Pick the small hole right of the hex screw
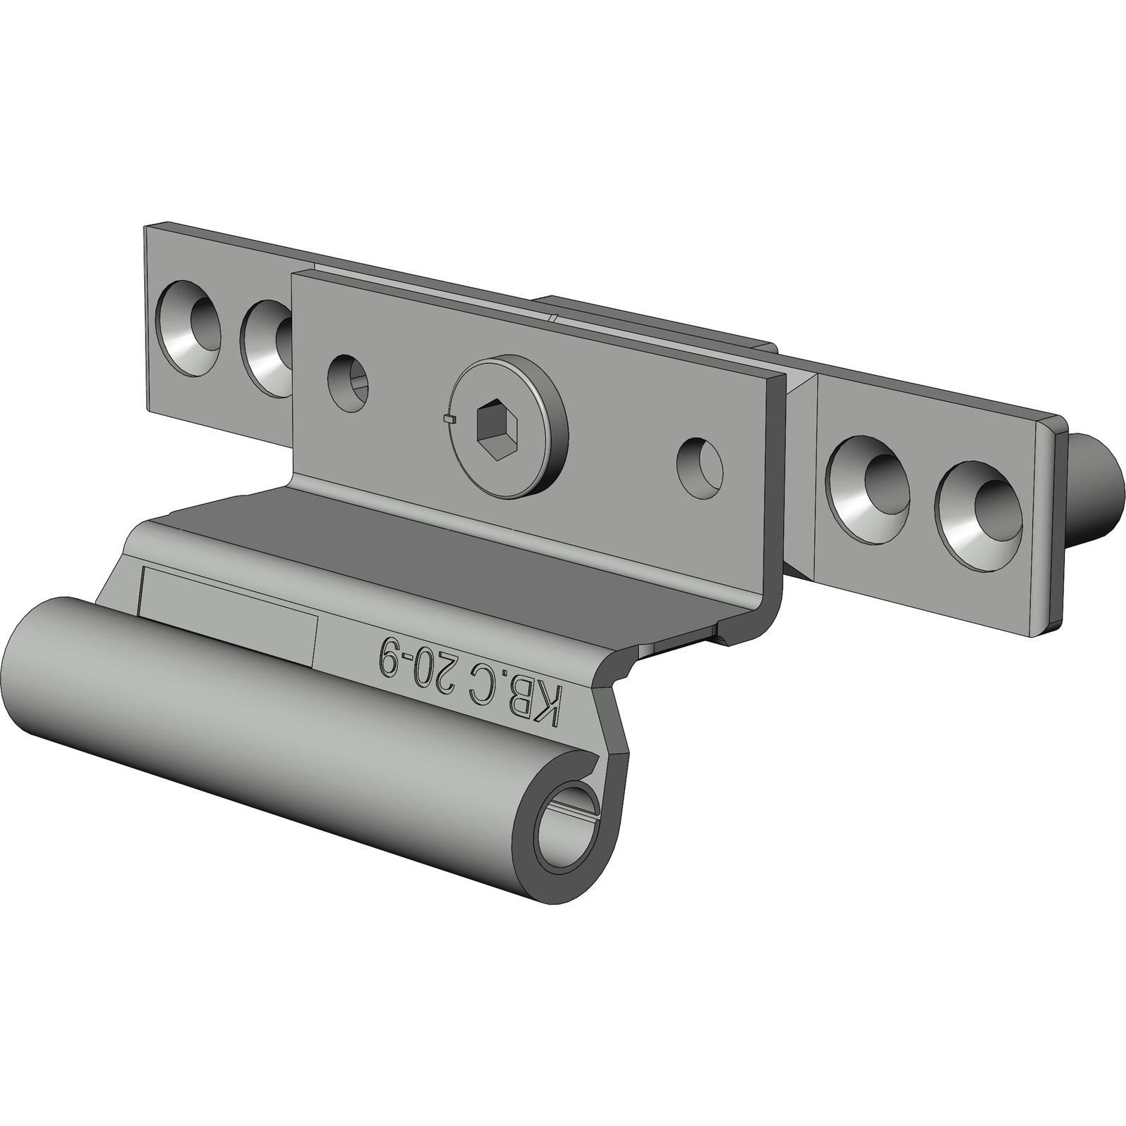click(700, 467)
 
